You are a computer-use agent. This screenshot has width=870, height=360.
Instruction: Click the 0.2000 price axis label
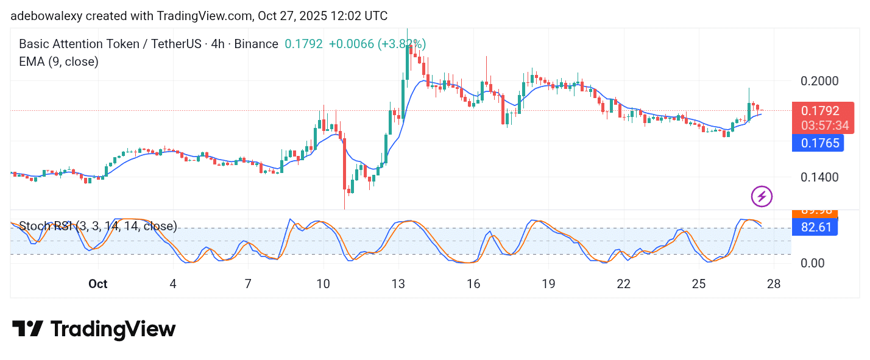(819, 81)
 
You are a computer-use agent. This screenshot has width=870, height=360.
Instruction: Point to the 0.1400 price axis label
(819, 177)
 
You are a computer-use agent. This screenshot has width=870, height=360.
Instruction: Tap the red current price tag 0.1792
(820, 111)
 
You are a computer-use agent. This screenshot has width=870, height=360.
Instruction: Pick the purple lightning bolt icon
(762, 196)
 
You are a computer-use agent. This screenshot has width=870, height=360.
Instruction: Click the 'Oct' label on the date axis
(97, 284)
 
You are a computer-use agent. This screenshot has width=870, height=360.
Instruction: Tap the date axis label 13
(398, 284)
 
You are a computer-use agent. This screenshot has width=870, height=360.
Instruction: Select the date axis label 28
(774, 284)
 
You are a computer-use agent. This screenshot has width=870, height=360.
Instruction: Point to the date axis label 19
(548, 284)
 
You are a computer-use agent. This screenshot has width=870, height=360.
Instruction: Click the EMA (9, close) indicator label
(58, 62)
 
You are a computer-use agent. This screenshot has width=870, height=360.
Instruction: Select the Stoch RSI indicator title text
(98, 227)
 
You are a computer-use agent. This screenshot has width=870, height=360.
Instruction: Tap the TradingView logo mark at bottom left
(27, 329)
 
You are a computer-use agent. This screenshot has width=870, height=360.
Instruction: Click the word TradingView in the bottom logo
(113, 330)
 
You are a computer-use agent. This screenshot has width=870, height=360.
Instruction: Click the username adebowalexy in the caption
(46, 16)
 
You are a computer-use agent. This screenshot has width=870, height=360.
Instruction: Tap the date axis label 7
(248, 284)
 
